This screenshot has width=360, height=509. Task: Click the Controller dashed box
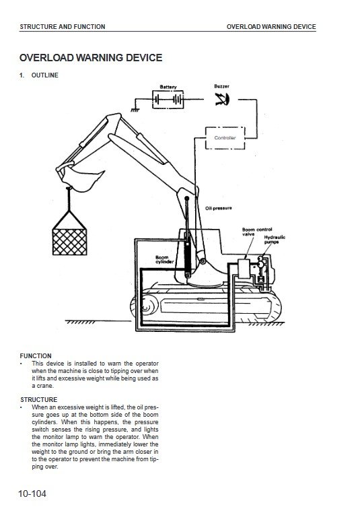pyautogui.click(x=225, y=127)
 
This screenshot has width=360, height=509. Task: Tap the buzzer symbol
pyautogui.click(x=222, y=99)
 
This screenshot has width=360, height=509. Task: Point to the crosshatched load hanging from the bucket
pyautogui.click(x=69, y=242)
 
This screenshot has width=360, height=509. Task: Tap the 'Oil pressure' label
pyautogui.click(x=219, y=208)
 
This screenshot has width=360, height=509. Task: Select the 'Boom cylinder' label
pyautogui.click(x=164, y=260)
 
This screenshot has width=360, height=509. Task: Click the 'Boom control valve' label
pyautogui.click(x=257, y=232)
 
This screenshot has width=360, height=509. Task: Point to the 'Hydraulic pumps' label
pyautogui.click(x=275, y=240)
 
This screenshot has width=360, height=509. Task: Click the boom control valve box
pyautogui.click(x=243, y=269)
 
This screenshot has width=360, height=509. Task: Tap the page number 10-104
pyautogui.click(x=32, y=494)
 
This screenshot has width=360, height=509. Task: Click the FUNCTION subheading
pyautogui.click(x=36, y=355)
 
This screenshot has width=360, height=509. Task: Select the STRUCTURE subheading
pyautogui.click(x=38, y=400)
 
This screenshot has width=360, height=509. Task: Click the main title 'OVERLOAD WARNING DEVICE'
pyautogui.click(x=91, y=58)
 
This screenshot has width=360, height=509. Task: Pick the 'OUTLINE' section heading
pyautogui.click(x=45, y=75)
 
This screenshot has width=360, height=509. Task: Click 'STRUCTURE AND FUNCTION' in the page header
pyautogui.click(x=63, y=27)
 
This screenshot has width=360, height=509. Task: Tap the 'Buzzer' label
pyautogui.click(x=221, y=86)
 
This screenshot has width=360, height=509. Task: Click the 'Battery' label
pyautogui.click(x=168, y=87)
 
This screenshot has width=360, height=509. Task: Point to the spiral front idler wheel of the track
pyautogui.click(x=145, y=306)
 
